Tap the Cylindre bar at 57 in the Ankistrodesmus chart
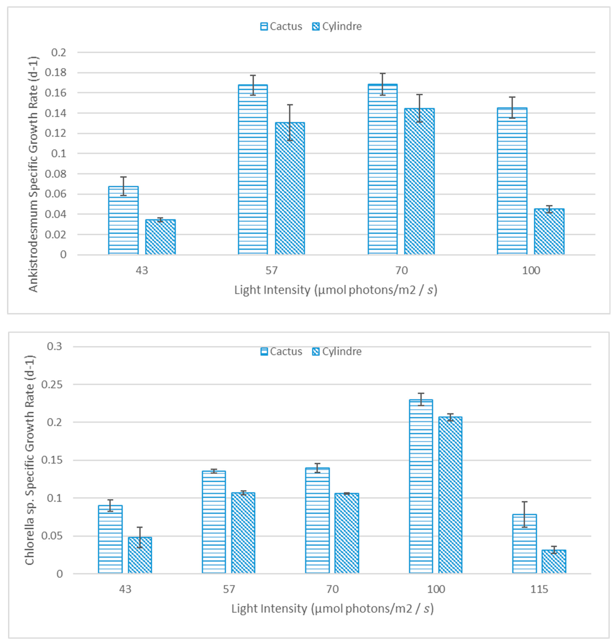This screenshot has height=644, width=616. [x=290, y=189]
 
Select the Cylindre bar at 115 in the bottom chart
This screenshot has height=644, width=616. [x=554, y=561]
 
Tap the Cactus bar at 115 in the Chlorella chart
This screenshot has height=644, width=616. [x=524, y=544]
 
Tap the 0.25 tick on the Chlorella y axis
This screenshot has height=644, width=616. [x=52, y=384]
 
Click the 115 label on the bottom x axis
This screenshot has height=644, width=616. [x=539, y=589]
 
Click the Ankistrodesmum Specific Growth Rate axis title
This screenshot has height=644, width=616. [x=33, y=174]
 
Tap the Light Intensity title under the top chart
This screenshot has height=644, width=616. [x=336, y=290]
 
